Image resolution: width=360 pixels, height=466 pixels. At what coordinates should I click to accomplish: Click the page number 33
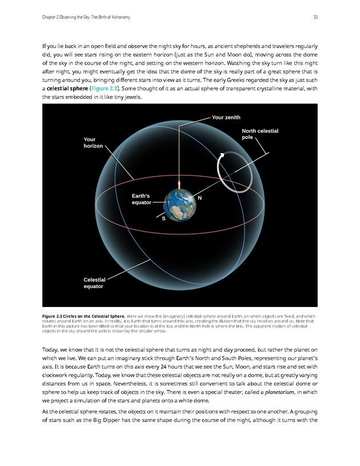[315, 17]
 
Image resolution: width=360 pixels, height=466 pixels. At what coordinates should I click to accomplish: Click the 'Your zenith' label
[226, 117]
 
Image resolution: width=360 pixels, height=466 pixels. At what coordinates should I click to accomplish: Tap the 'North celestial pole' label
[260, 134]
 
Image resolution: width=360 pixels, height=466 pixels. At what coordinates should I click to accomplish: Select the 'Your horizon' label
[93, 142]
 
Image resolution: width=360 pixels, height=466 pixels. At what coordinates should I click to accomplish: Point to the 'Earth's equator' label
[141, 199]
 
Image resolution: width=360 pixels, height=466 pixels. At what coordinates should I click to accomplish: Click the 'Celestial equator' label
[94, 282]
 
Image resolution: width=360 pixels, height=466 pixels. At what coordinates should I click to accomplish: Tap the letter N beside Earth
[199, 198]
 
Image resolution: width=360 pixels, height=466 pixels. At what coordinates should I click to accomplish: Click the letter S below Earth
[163, 219]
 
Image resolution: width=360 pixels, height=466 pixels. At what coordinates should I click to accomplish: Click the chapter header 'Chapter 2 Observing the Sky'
[86, 17]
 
